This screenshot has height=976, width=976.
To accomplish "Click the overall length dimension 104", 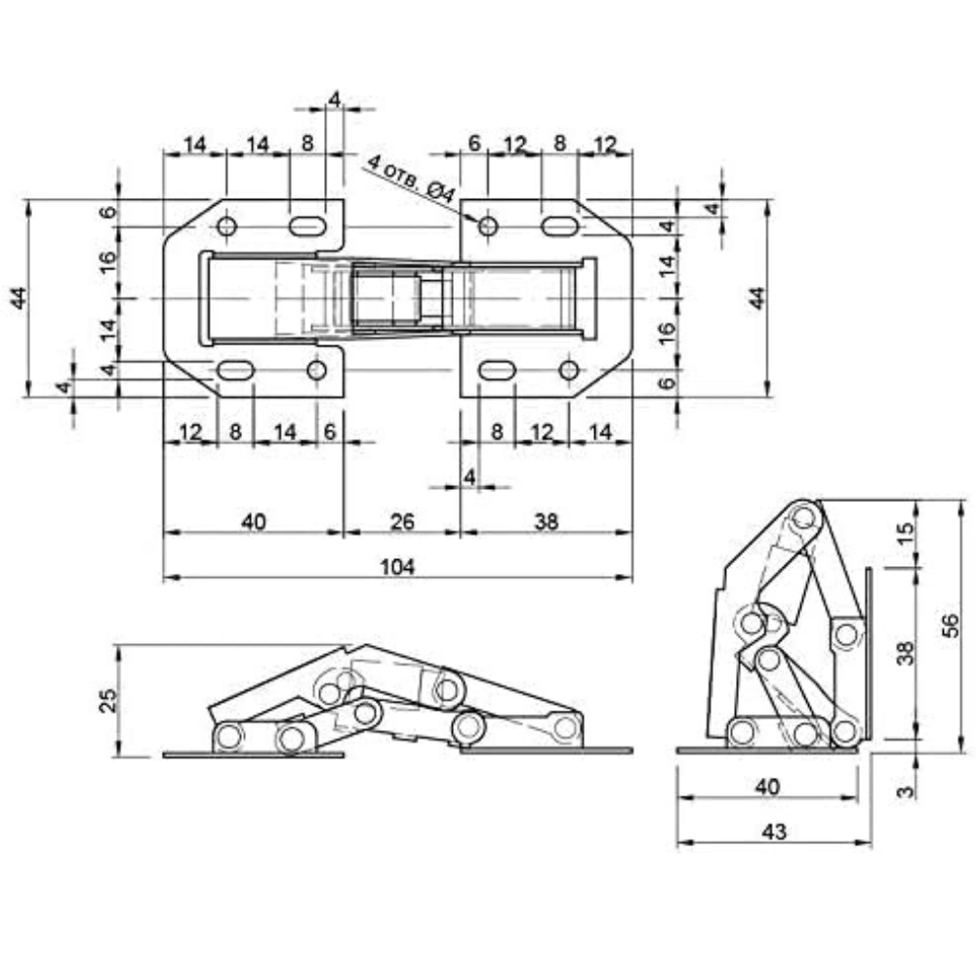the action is point(397,566).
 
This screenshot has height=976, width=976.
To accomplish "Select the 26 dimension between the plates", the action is point(401,521).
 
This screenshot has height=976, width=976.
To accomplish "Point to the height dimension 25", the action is point(108,700).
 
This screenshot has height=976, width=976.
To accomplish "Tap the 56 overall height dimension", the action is point(951,626).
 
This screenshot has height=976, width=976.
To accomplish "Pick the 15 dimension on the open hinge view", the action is point(907,532).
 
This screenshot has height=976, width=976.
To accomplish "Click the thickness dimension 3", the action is point(907,792).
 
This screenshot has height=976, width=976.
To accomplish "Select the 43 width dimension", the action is point(774,832).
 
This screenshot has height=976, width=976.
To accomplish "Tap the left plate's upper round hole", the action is point(226,226).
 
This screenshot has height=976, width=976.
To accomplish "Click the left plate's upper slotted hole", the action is point(307,226).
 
